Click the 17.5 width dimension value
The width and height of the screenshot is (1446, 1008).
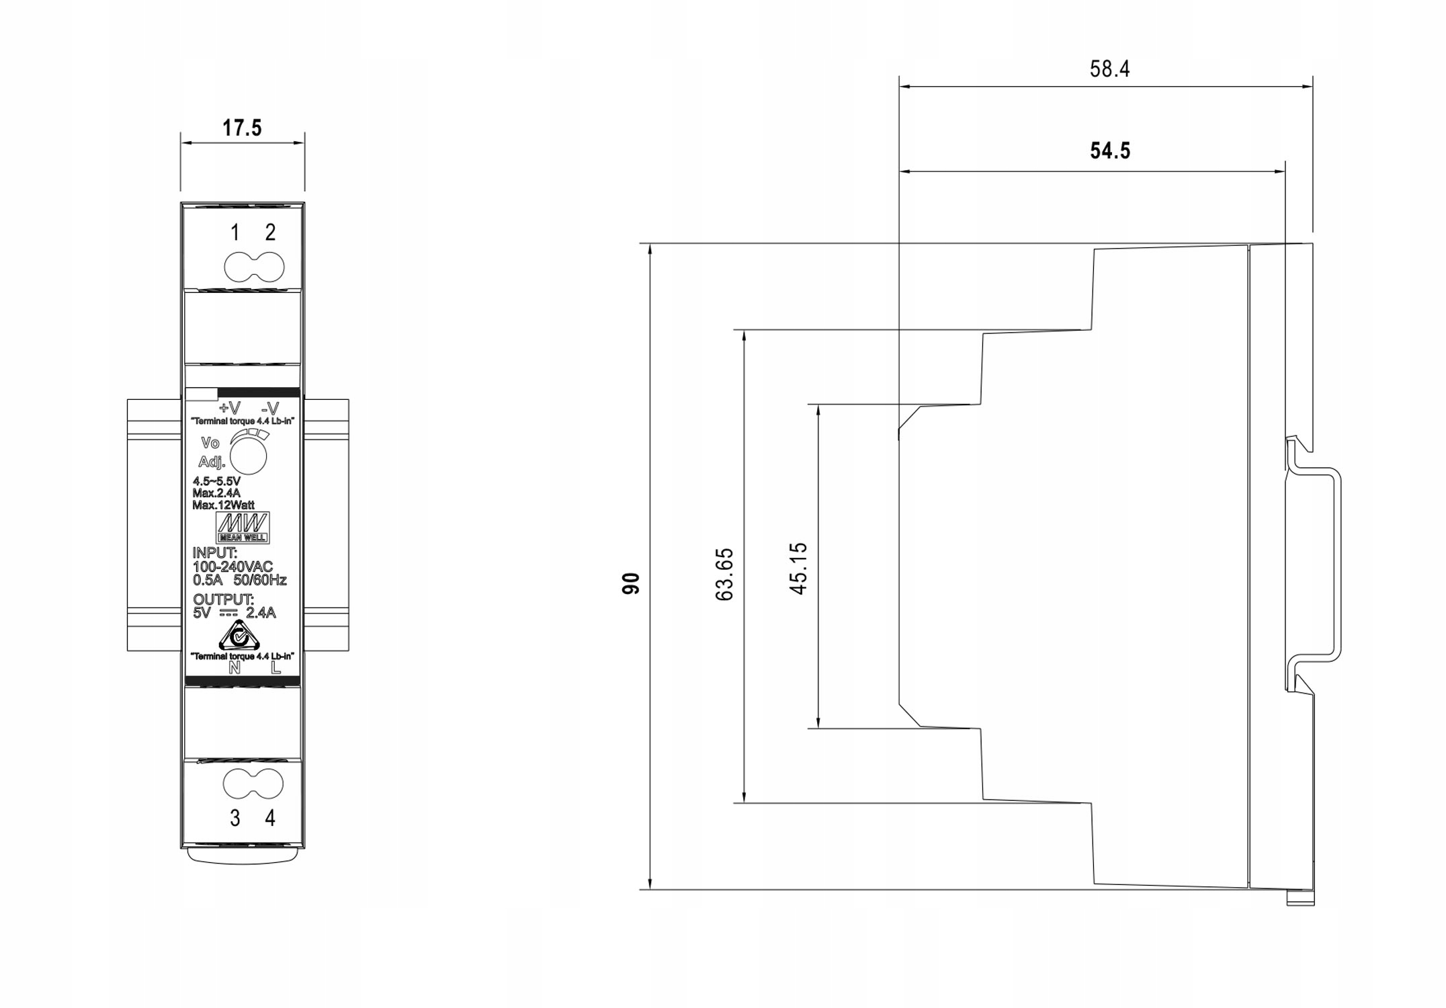click(242, 128)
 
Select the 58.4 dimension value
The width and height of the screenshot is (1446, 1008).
click(1109, 69)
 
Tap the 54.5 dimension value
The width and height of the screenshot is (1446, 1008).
click(1110, 151)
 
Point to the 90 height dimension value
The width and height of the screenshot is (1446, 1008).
click(631, 583)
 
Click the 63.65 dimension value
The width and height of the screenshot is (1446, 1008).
click(724, 575)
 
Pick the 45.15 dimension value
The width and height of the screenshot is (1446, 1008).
click(798, 569)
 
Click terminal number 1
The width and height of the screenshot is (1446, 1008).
click(235, 233)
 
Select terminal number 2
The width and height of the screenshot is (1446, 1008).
click(270, 233)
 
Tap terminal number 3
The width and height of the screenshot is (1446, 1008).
click(235, 818)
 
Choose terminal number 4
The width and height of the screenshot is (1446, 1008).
click(270, 818)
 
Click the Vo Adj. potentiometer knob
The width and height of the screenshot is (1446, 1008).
click(248, 456)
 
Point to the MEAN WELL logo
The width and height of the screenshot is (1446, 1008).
click(243, 528)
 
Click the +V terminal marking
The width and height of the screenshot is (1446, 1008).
click(229, 409)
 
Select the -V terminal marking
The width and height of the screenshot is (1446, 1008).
click(270, 409)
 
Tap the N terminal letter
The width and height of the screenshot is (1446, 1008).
click(235, 668)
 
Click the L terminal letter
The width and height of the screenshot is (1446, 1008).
click(275, 668)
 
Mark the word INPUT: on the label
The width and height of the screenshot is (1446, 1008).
click(215, 553)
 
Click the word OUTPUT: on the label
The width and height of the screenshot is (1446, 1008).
click(224, 599)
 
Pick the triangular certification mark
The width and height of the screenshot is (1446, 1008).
click(239, 635)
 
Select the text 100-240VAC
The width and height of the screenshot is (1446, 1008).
click(233, 567)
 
